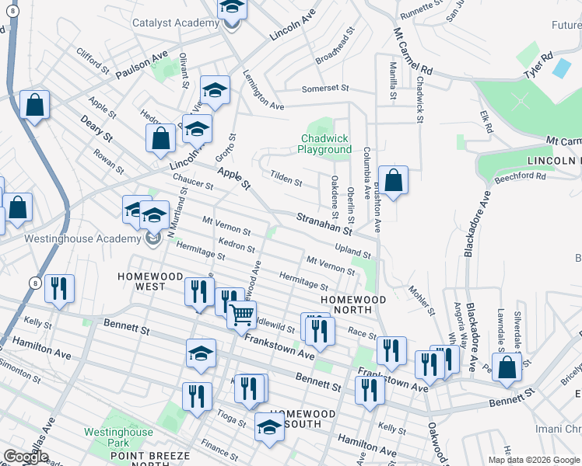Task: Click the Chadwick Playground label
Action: tap(326, 144)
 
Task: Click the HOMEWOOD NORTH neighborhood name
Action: tap(354, 304)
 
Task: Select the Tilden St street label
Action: tap(286, 180)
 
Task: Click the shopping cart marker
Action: tap(242, 313)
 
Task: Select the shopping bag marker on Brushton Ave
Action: tap(394, 180)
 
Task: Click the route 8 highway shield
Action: tap(36, 283)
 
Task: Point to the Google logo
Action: tap(26, 457)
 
